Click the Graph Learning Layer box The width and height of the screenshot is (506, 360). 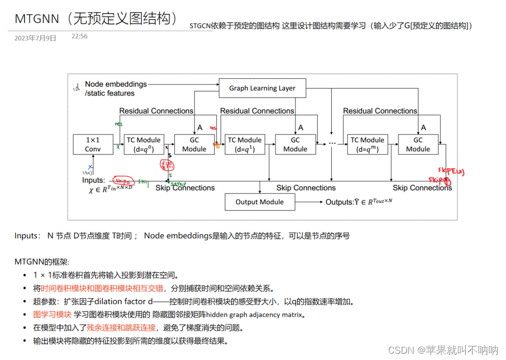tap(262, 88)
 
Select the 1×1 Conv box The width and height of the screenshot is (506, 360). tap(93, 145)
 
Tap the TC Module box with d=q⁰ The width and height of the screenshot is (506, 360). tap(143, 145)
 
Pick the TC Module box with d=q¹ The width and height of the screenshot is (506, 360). tap(245, 145)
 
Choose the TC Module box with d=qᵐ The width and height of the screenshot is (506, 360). tap(367, 145)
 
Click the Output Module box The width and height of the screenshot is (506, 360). tap(259, 202)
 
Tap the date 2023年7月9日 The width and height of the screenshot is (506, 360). tap(35, 38)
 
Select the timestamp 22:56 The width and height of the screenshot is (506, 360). tap(79, 37)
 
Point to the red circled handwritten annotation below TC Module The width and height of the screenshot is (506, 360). tap(167, 165)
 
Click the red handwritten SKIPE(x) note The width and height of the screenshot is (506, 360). tap(451, 171)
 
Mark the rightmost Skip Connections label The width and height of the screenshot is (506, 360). tap(422, 188)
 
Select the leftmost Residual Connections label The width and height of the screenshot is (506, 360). tap(156, 111)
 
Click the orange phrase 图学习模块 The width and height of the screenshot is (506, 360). tap(52, 314)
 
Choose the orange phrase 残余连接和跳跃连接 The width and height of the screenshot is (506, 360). tap(122, 328)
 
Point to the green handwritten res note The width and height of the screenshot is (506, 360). tap(119, 124)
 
